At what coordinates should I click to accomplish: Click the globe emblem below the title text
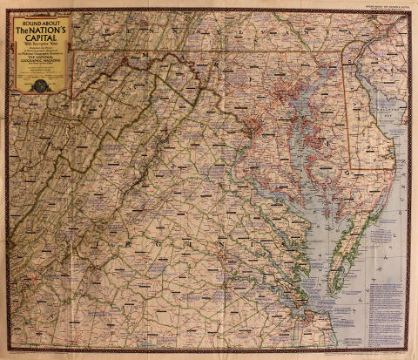click(x=41, y=85)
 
